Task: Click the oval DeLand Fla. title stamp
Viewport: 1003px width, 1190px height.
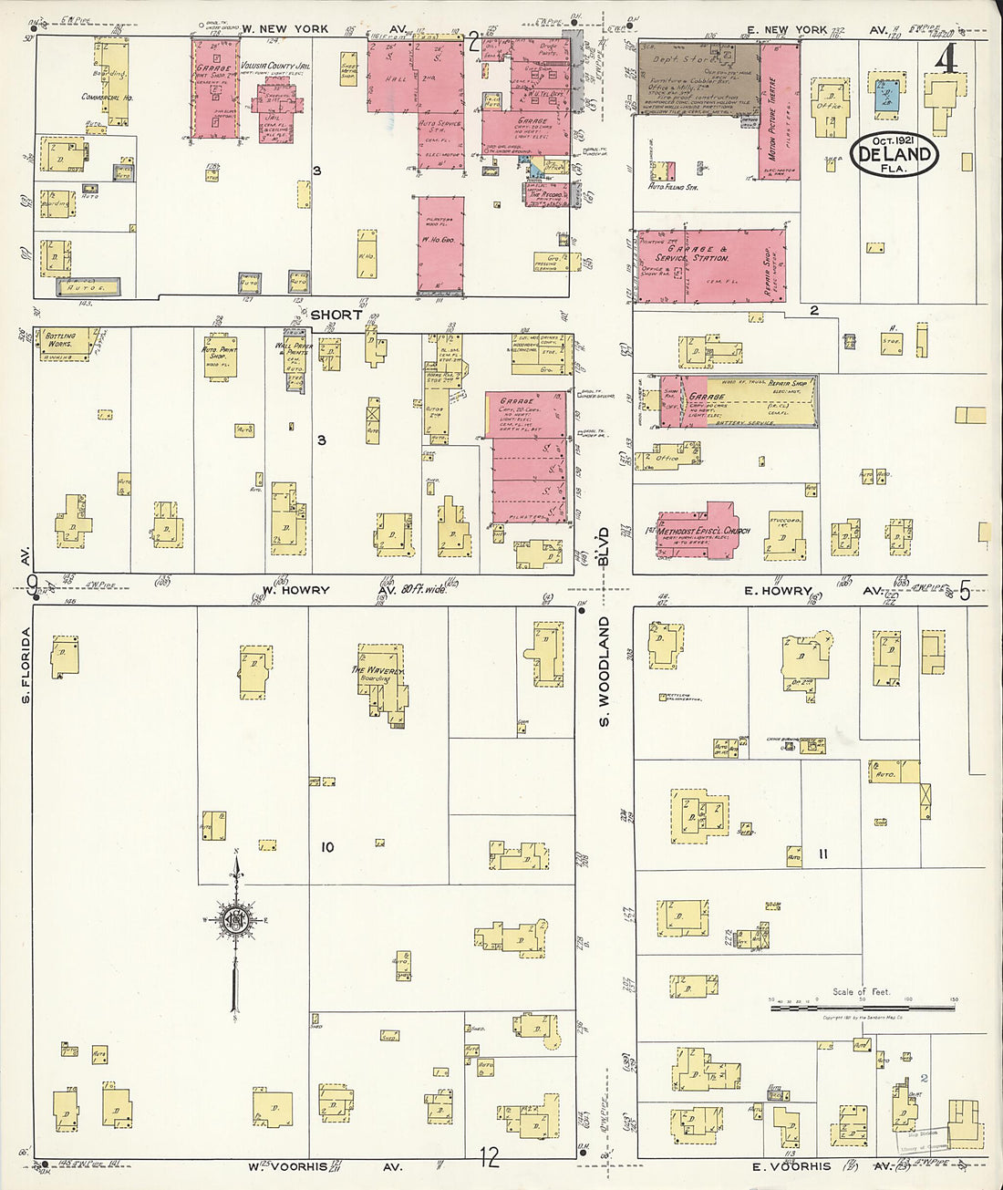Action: click(x=894, y=153)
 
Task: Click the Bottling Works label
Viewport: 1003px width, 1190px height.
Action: click(x=60, y=339)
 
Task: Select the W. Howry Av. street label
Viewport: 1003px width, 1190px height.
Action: click(x=295, y=590)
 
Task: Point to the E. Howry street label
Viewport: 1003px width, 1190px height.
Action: click(x=777, y=591)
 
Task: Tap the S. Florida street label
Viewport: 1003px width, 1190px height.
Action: click(x=26, y=664)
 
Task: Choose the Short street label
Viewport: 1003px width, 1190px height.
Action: click(x=336, y=315)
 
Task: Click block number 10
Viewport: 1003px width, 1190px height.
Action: click(x=326, y=847)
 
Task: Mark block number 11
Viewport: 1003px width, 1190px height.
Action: click(x=822, y=854)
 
